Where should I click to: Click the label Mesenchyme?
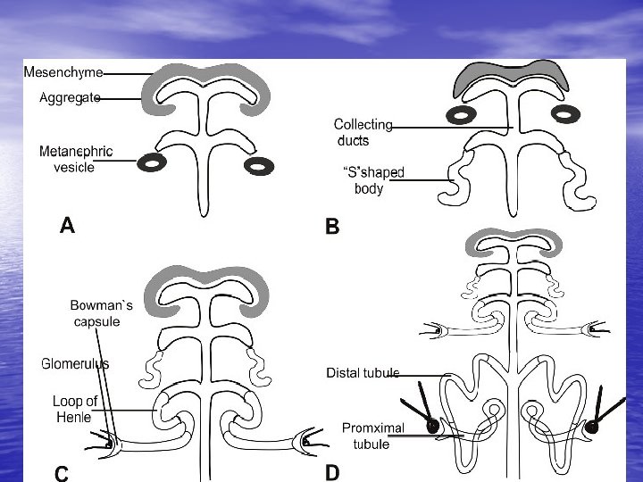63,72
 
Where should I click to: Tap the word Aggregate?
70,98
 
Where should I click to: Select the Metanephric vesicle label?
76,159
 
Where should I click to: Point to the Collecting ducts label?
363,133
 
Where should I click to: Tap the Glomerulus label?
75,363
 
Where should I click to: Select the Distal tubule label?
363,372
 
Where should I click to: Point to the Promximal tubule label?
372,436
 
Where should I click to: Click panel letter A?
66,227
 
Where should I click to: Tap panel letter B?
332,229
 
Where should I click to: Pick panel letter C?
61,473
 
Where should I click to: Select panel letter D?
331,472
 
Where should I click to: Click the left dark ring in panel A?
153,162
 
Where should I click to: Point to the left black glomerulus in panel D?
434,427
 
